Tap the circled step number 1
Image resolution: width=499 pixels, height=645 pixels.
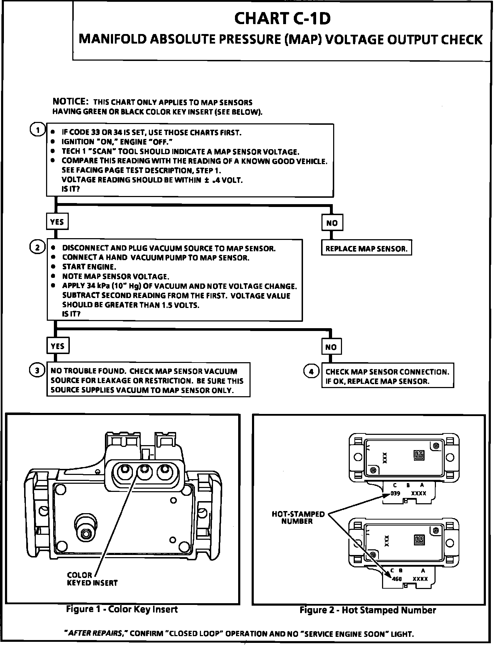tap(37, 130)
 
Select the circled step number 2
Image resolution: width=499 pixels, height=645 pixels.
tap(37, 247)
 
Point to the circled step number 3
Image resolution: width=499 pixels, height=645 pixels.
tap(37, 370)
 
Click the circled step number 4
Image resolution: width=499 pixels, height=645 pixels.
tap(311, 371)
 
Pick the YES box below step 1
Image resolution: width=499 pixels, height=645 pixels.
tap(57, 222)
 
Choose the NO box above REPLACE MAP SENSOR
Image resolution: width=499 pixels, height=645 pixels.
tap(332, 223)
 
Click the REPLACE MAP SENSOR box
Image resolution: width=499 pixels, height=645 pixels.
tap(366, 248)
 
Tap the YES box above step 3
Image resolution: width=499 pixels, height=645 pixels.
tap(57, 346)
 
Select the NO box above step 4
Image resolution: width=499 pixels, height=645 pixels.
tap(331, 347)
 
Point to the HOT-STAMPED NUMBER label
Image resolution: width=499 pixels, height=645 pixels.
tap(298, 517)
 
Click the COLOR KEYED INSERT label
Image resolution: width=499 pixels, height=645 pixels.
tap(92, 579)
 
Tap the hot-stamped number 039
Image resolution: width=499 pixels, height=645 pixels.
tap(395, 493)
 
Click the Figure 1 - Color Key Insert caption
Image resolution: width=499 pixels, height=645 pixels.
tap(122, 609)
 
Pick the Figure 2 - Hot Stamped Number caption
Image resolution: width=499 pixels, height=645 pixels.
tap(368, 610)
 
